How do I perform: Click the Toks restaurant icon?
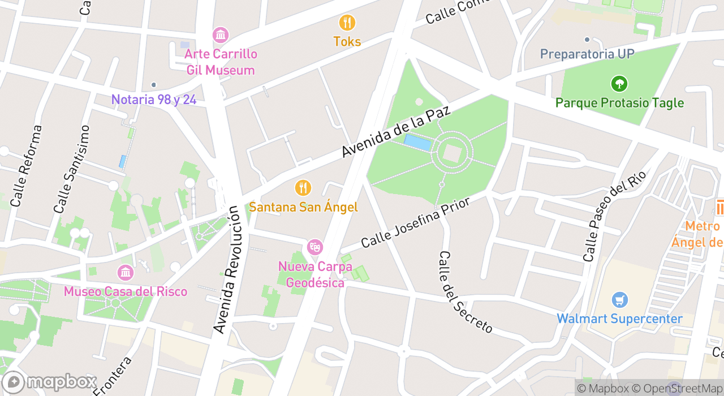(x=347, y=23)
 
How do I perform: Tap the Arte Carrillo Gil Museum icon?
(x=221, y=35)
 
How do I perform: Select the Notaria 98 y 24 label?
(x=154, y=100)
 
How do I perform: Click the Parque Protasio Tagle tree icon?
(x=619, y=84)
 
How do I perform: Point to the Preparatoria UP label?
(x=587, y=54)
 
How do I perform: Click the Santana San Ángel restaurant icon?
(x=303, y=187)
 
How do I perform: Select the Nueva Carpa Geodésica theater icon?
(x=314, y=247)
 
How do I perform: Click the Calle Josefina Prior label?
(x=416, y=222)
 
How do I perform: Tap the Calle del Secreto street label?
(x=466, y=292)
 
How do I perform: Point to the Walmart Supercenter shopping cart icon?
(x=619, y=300)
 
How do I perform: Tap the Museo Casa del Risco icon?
(x=125, y=273)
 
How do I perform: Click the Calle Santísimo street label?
(x=72, y=169)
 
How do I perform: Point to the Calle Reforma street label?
(x=27, y=165)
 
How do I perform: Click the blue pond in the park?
(x=417, y=143)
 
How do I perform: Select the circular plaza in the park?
(x=452, y=152)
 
